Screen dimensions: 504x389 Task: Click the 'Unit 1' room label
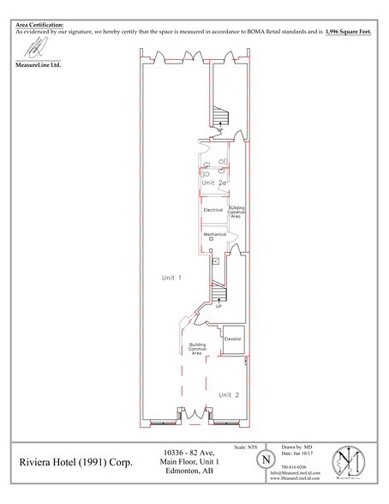tap(171, 278)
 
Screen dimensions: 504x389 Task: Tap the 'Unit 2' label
tap(227, 394)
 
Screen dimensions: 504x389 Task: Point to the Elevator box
tap(234, 339)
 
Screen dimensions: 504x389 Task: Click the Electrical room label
tap(213, 209)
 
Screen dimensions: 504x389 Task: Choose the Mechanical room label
tap(214, 234)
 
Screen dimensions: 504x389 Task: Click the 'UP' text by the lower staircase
tap(219, 305)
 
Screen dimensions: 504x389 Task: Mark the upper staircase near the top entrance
tap(222, 113)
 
